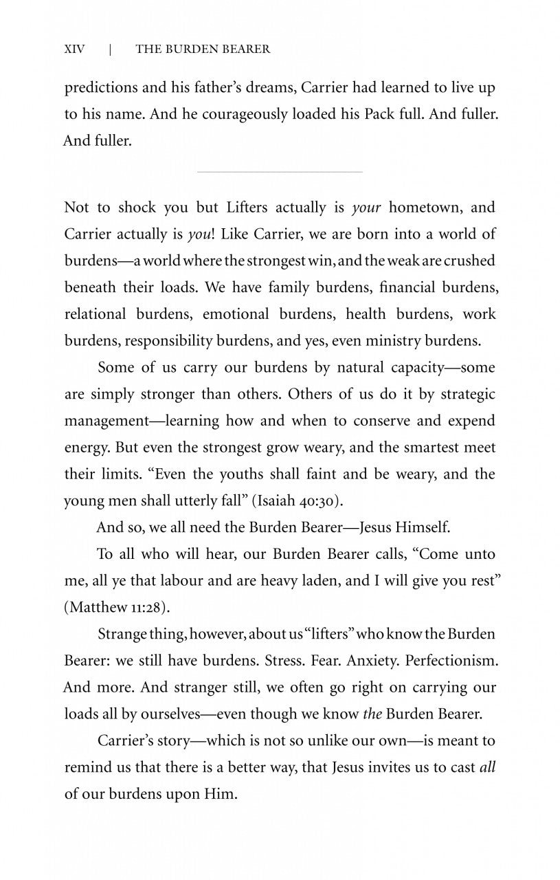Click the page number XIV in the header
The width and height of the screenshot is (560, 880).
(x=75, y=49)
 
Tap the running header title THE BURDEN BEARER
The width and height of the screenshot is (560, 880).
(x=203, y=49)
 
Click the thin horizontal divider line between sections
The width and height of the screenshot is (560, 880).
(x=279, y=171)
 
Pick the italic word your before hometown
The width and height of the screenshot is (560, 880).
(x=366, y=207)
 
